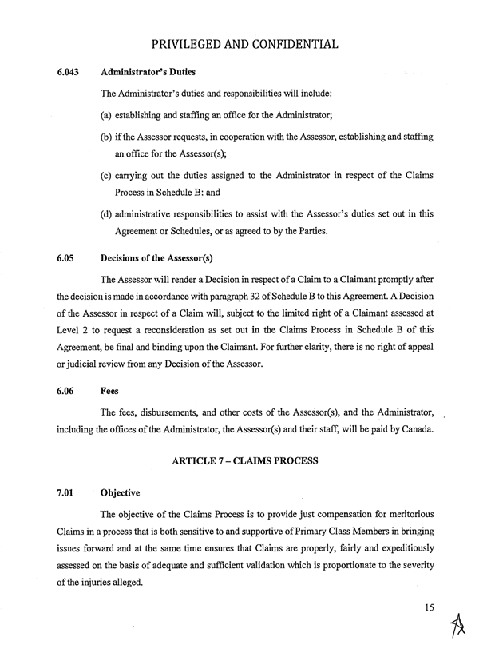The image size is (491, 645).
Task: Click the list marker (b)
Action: (106, 137)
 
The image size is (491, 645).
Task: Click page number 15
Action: (431, 609)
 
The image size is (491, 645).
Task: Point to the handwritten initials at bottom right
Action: (458, 625)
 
